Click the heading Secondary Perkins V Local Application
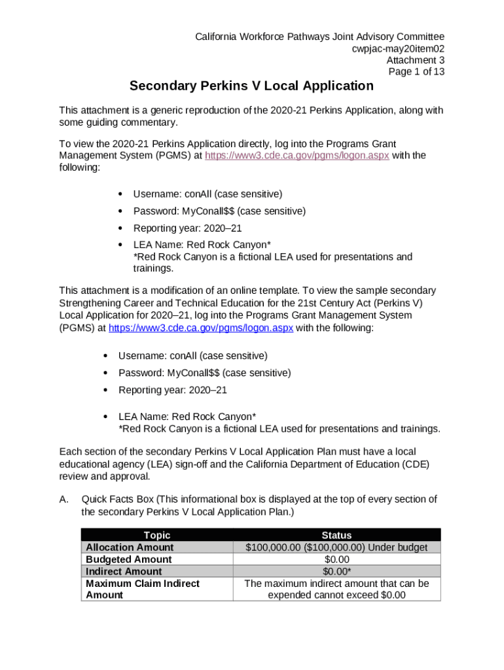(x=251, y=86)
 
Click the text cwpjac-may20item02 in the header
(x=399, y=48)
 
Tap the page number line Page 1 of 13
(x=416, y=72)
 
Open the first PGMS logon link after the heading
(x=297, y=156)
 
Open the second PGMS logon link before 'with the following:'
(x=201, y=328)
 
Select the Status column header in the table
(x=336, y=535)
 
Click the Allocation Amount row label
(x=130, y=547)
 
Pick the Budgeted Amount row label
(x=128, y=559)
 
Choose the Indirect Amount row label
(x=124, y=571)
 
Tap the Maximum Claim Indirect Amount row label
(x=143, y=589)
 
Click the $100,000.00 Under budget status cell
(x=336, y=547)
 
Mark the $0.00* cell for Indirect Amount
(x=336, y=571)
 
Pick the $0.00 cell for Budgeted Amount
(x=336, y=559)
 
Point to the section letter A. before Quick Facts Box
(x=64, y=500)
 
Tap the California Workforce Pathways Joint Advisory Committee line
(x=319, y=37)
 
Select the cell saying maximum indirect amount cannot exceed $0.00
(x=336, y=589)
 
